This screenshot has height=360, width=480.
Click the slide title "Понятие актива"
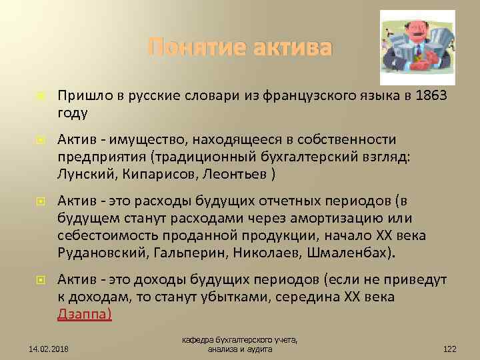click(239, 48)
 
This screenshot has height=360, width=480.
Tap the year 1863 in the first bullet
click(431, 97)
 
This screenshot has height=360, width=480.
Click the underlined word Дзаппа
click(84, 313)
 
